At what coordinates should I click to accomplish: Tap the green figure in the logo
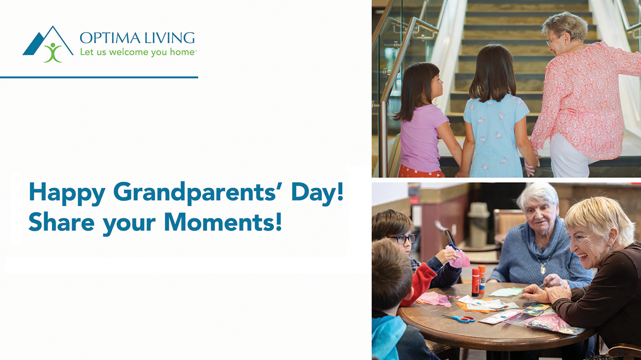tap(52, 52)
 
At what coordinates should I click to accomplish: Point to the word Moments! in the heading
tap(223, 222)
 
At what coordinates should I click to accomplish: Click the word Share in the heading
tap(61, 222)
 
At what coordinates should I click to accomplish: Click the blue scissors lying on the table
tap(459, 318)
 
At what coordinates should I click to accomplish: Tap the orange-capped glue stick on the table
tap(481, 279)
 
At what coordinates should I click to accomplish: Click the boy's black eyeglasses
tap(402, 238)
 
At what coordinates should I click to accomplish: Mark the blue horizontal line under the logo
tap(99, 77)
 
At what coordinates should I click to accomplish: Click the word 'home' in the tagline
tap(181, 52)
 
